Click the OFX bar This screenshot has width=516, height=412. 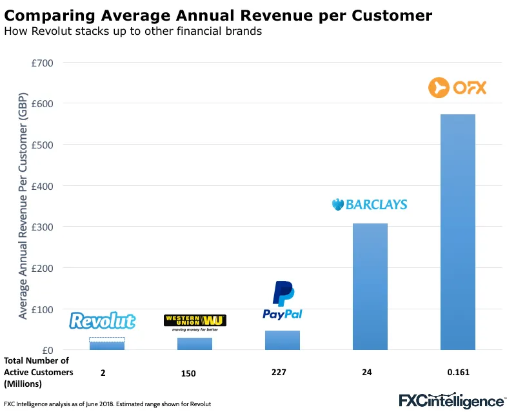[458, 232]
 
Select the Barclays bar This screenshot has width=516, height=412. [370, 287]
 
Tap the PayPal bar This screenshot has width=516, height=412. [283, 340]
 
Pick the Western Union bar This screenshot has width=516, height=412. [195, 344]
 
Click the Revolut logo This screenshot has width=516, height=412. [103, 321]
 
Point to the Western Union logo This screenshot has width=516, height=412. [195, 322]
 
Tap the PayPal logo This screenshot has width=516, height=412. [283, 301]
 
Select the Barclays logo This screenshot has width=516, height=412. [370, 205]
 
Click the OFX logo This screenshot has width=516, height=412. [457, 87]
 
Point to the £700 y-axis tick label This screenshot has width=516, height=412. [43, 63]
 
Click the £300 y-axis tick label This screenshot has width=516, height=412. [43, 227]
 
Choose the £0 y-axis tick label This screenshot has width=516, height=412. [47, 350]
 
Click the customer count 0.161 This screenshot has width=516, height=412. [458, 373]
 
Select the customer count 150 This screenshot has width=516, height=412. [188, 373]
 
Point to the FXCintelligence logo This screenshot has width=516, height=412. [451, 400]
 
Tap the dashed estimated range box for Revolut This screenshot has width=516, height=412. [107, 339]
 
